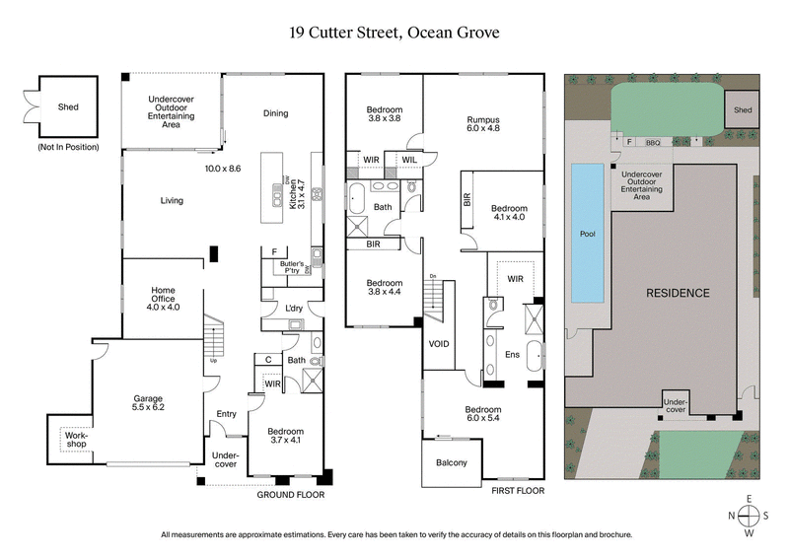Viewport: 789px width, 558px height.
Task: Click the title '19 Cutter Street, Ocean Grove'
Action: click(394, 33)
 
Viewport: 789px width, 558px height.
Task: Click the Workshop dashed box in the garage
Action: click(77, 439)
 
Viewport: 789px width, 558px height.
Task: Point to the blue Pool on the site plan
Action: click(587, 235)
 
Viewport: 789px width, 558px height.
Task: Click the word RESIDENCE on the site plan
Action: click(678, 293)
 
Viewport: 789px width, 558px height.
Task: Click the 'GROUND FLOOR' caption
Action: click(291, 496)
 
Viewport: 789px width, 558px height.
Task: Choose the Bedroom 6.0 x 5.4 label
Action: click(483, 415)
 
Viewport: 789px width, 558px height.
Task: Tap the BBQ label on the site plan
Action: click(653, 143)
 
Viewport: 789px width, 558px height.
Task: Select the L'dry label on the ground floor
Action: click(293, 310)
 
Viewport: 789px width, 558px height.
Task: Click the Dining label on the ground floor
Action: click(275, 113)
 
